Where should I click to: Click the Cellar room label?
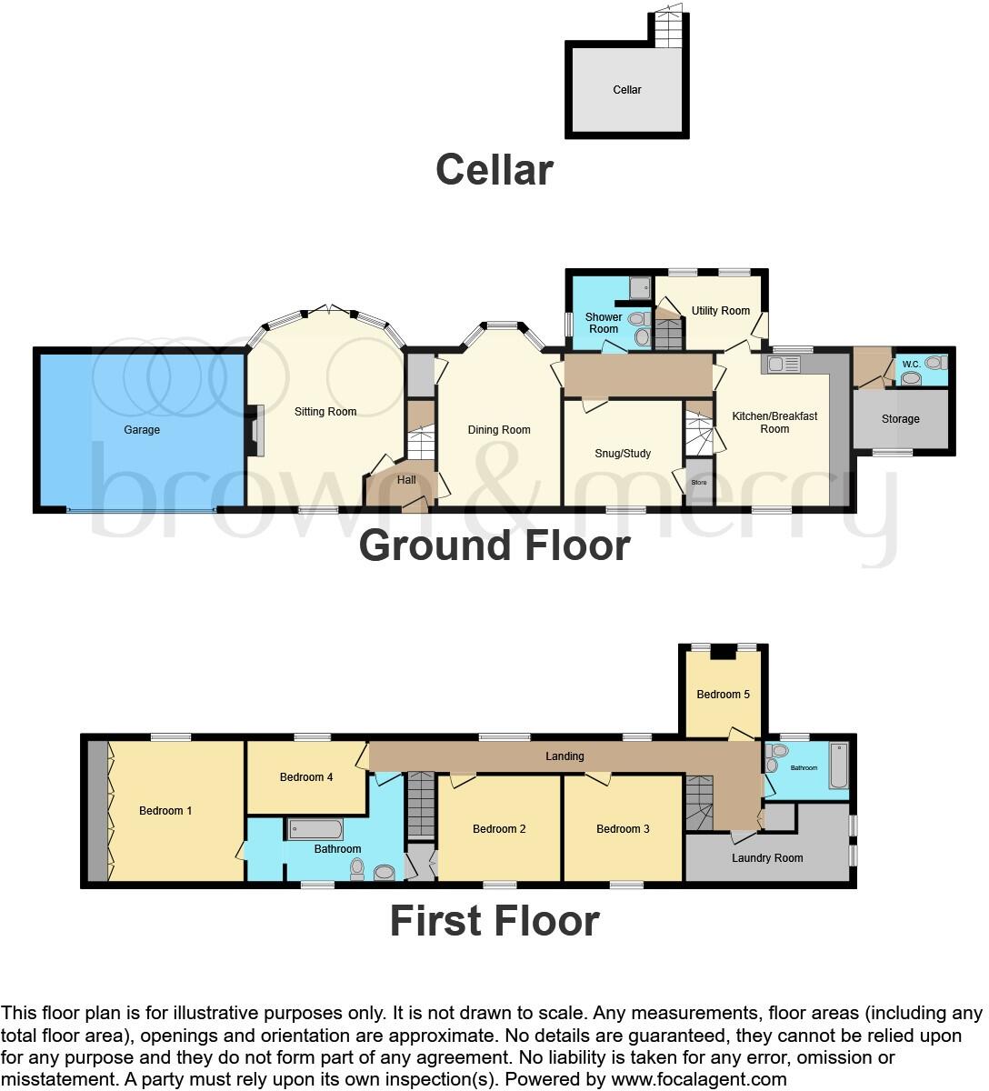coord(627,90)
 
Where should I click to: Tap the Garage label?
coord(142,430)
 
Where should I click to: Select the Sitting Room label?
coord(325,412)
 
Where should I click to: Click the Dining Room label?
coord(499,430)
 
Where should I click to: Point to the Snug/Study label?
coord(623,454)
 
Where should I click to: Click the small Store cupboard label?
coord(699,483)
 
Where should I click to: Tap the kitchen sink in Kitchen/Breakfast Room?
coord(784,365)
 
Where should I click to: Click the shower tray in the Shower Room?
coord(640,288)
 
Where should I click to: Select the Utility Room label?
coord(721,311)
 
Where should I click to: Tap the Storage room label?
coord(900,419)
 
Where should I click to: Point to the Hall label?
coord(406,480)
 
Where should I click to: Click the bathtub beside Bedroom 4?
coord(315,829)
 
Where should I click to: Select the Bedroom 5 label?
coord(724,695)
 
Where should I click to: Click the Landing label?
coord(564,756)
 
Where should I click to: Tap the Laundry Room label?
coord(767,858)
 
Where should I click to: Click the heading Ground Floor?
coord(494,545)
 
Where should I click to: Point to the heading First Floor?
coord(494,921)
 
